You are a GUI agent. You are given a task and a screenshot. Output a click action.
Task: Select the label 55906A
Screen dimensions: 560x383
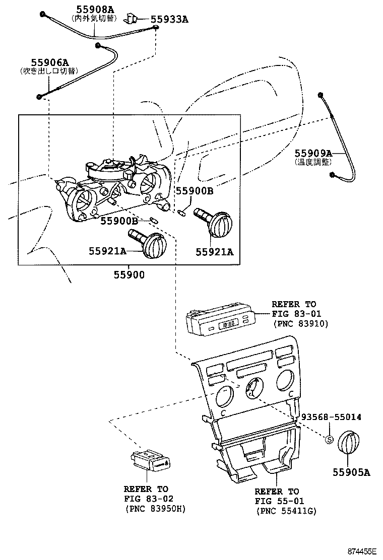(x=50, y=62)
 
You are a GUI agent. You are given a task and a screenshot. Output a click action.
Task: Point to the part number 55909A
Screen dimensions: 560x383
(x=313, y=153)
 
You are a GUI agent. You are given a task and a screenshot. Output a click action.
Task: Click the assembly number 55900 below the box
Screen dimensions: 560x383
(x=129, y=275)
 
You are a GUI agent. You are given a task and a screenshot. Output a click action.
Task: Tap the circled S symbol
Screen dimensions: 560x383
(x=329, y=440)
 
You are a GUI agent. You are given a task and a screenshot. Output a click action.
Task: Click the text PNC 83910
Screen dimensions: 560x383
(x=300, y=324)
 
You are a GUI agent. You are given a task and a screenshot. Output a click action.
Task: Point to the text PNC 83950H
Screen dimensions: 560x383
(x=154, y=509)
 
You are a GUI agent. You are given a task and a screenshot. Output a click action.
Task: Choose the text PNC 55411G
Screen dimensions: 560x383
(x=285, y=511)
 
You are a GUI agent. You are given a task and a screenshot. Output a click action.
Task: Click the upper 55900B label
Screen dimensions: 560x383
(x=194, y=191)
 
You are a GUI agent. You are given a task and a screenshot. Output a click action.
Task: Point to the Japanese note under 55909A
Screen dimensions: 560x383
(x=312, y=162)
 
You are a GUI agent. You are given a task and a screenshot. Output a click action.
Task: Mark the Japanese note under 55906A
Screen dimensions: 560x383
(x=46, y=72)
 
